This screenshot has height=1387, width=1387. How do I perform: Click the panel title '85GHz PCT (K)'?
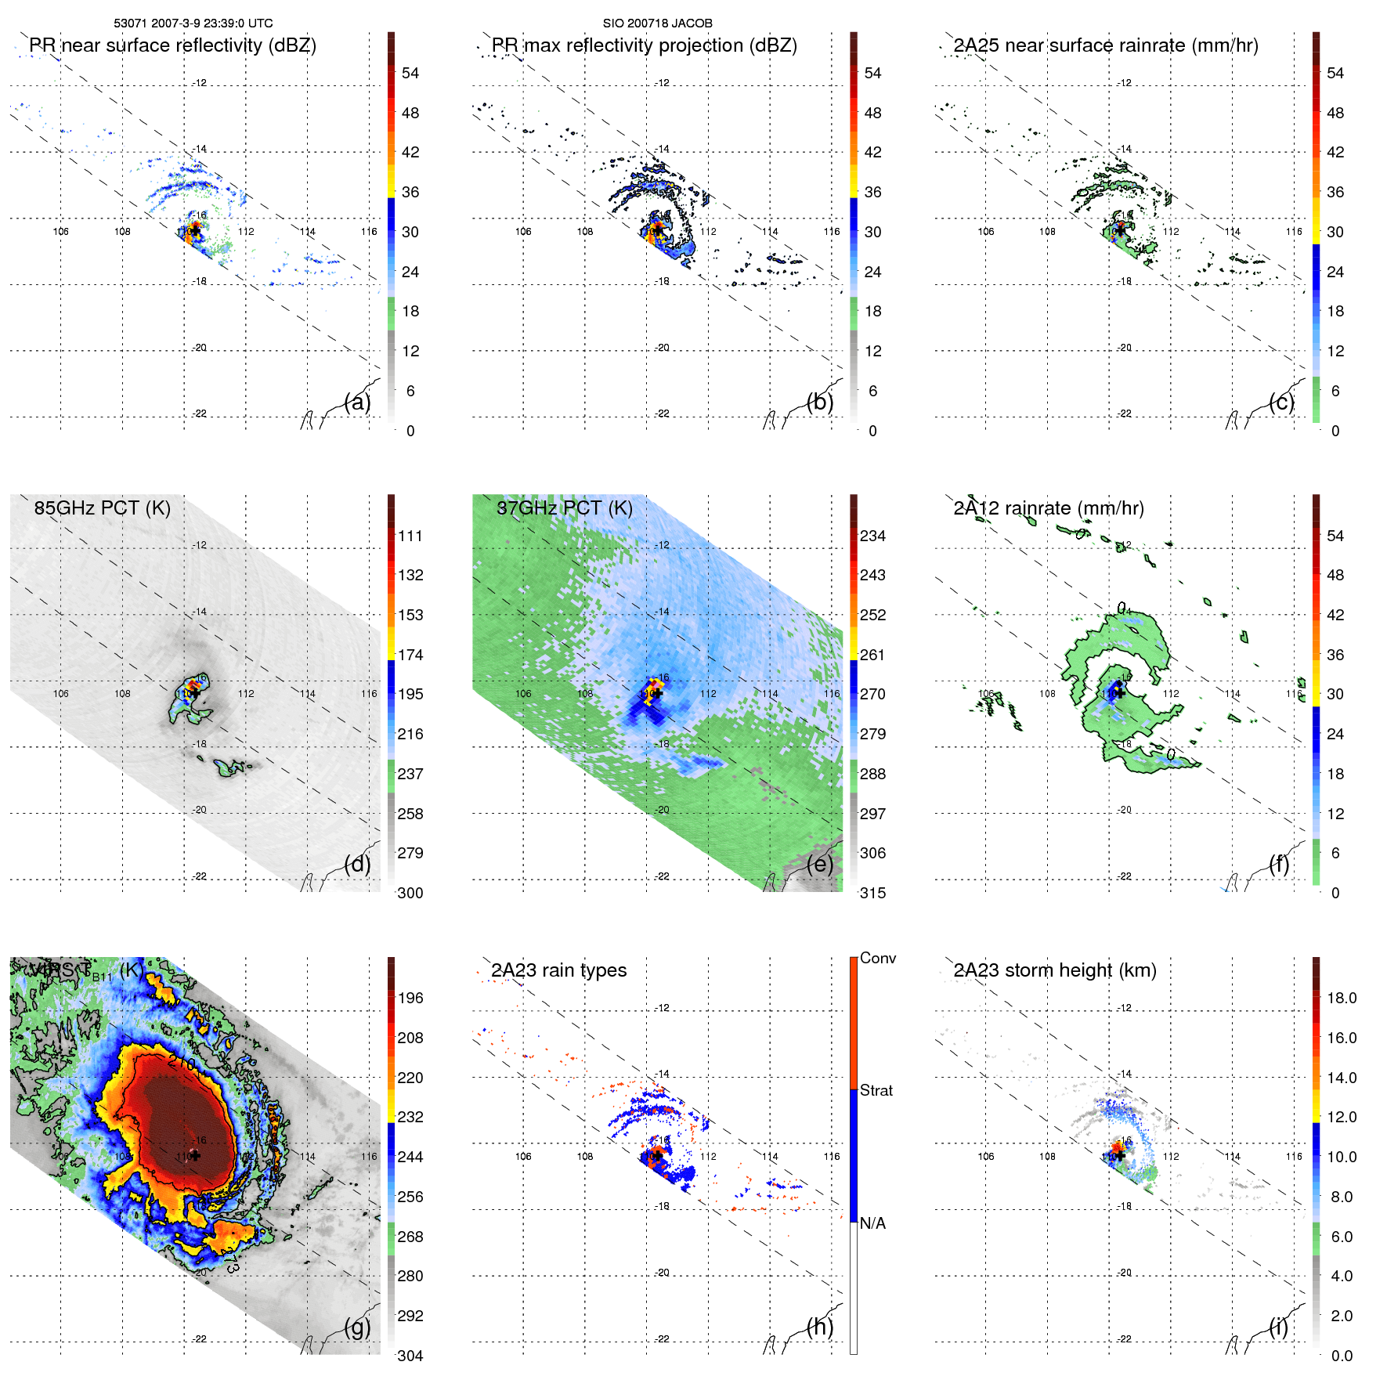(102, 508)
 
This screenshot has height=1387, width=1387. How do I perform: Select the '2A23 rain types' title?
(558, 970)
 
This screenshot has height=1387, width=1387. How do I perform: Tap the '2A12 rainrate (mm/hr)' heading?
(1049, 508)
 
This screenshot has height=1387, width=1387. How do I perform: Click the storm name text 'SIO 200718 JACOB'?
(657, 23)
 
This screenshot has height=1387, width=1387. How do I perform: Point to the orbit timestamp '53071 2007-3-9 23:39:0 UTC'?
(193, 23)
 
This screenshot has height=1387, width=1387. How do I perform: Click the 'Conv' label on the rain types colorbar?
(878, 959)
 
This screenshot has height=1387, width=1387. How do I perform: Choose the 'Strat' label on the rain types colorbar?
(876, 1091)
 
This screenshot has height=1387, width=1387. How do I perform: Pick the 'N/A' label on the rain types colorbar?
(872, 1224)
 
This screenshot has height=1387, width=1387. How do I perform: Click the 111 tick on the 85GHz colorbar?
(410, 536)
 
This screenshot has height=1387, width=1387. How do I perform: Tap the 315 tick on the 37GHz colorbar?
(872, 894)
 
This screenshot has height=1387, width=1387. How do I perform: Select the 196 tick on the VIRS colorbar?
(410, 999)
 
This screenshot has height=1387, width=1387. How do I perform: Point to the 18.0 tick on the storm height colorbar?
(1342, 999)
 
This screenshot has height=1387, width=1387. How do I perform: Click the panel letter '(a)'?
(357, 403)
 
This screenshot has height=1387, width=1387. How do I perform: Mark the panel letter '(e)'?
(820, 865)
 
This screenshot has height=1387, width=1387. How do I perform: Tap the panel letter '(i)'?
(1279, 1327)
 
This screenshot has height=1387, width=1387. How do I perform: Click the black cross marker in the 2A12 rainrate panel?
(1121, 692)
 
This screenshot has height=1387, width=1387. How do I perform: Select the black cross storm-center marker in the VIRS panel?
(195, 1155)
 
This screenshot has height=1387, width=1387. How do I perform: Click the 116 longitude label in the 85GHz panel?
(369, 694)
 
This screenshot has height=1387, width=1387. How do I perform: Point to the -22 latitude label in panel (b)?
(663, 414)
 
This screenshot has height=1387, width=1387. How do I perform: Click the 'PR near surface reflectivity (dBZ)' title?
(172, 45)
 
